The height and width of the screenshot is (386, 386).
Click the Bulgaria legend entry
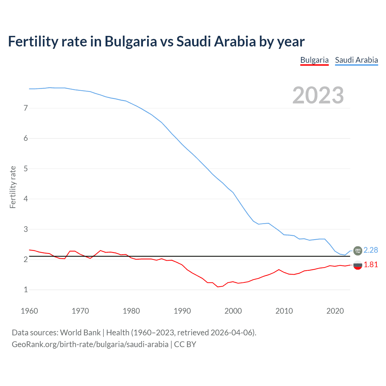(314, 60)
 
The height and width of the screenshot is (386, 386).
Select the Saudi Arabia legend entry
(356, 60)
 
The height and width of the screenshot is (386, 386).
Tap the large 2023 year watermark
(318, 95)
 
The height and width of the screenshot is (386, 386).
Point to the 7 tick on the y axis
(26, 108)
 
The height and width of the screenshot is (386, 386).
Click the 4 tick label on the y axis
(26, 199)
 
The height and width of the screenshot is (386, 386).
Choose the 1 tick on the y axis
(26, 289)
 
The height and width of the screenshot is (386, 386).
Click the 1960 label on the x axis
(29, 311)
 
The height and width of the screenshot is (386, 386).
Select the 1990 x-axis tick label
(182, 311)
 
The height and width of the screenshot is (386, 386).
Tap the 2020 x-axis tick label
(335, 311)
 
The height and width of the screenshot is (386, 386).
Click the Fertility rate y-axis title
(13, 187)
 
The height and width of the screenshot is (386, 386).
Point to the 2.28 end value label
(371, 250)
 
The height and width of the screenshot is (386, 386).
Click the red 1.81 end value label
(371, 264)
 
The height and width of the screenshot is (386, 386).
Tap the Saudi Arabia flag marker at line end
(358, 250)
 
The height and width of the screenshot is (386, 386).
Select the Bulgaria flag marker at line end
(358, 265)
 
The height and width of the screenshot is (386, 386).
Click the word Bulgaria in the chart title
(131, 42)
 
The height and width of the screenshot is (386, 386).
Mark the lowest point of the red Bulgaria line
(218, 287)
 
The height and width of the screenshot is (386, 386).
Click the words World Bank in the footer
(80, 333)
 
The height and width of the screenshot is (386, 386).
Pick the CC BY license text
(185, 344)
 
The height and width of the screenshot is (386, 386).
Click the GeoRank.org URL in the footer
(90, 344)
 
